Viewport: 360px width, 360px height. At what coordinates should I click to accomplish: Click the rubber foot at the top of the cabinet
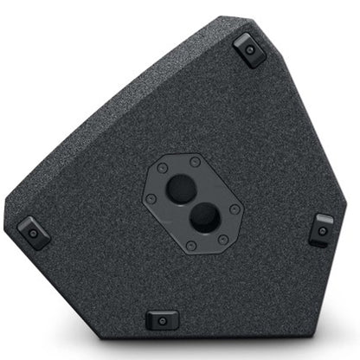[249, 50]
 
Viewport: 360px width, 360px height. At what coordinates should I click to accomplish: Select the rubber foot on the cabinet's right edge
[321, 230]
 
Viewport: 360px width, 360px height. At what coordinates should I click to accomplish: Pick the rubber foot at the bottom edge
[162, 320]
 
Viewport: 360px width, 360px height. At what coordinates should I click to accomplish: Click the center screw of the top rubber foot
[250, 50]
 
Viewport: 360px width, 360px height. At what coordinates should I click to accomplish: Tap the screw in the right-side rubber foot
[322, 231]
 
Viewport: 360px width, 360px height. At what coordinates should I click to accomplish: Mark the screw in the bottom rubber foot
[162, 321]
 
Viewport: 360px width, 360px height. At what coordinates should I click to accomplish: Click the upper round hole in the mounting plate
[181, 188]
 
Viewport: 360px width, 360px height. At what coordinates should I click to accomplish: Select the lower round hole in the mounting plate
[202, 217]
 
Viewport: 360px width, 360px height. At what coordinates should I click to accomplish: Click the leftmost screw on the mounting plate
[149, 198]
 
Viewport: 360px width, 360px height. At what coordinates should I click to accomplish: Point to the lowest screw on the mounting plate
[222, 239]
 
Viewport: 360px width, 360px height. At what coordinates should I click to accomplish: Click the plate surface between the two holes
[191, 202]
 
